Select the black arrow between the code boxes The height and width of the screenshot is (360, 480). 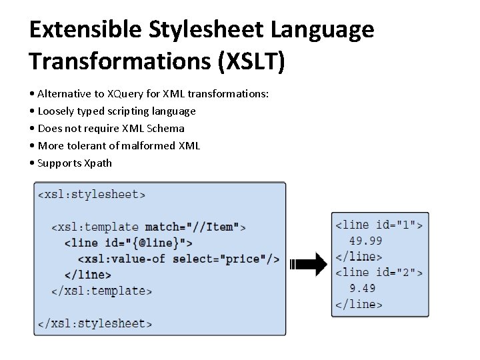point(309,265)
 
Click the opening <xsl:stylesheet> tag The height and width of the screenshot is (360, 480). point(91,195)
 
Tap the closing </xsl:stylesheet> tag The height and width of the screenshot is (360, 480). point(95,323)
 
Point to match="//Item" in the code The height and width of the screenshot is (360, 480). point(191,227)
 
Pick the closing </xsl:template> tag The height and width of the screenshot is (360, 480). point(101,291)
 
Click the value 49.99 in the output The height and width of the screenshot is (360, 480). point(366,241)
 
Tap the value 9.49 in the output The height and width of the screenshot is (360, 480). point(363,288)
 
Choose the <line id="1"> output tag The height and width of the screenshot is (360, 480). point(379,225)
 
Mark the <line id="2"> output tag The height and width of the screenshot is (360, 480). point(379,272)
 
